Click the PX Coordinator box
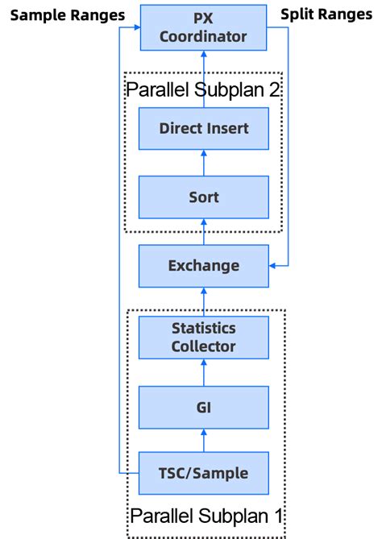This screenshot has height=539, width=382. tap(203, 27)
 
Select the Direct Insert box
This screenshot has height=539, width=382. tap(203, 128)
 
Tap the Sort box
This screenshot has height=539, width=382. tap(203, 197)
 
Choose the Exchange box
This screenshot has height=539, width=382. tap(203, 265)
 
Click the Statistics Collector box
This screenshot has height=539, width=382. tap(203, 338)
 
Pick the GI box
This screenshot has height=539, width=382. tap(203, 407)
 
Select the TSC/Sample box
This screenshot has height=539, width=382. tap(203, 473)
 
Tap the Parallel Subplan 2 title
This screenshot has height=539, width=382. tap(203, 89)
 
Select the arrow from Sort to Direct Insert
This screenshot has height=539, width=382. tap(203, 163)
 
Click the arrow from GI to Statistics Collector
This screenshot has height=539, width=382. tap(203, 372)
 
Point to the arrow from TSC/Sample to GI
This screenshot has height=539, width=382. tap(203, 440)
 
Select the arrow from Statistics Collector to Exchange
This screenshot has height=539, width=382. tap(203, 301)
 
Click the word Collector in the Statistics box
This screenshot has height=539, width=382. tap(203, 346)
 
